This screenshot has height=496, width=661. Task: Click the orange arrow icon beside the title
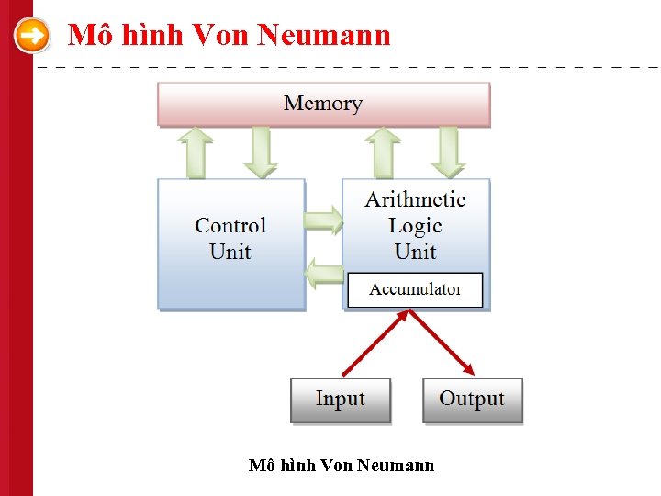pos(33,37)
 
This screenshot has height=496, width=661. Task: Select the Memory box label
pos(323,103)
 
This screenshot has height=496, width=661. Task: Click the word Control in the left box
pos(230,226)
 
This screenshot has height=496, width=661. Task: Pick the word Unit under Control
pos(230,252)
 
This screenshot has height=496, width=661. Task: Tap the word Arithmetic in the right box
pos(415,199)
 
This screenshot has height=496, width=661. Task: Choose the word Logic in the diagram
pos(415,226)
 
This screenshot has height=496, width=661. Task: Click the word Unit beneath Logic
pos(415,252)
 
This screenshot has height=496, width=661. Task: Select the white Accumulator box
pos(415,289)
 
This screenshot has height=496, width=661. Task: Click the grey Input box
pos(341,400)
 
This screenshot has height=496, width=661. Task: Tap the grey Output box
pos(472,400)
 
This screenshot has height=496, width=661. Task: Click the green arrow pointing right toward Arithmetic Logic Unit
pos(322,220)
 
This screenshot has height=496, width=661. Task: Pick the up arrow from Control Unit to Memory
pos(196,152)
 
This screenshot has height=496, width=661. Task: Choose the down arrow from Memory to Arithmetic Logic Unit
pos(448,152)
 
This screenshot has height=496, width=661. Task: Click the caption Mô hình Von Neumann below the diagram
pos(342,466)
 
